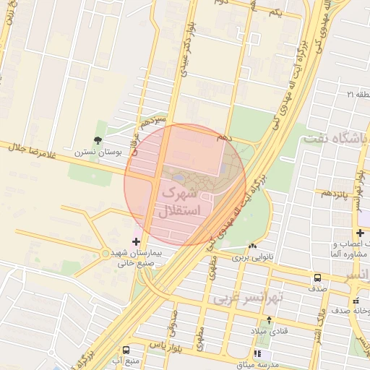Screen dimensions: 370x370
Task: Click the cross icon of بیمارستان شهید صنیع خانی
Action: pos(136,241)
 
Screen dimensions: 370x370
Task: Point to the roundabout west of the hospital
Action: pos(106,254)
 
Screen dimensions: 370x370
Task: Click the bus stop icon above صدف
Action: pos(318,277)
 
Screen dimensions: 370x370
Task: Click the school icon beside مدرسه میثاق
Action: pos(259,353)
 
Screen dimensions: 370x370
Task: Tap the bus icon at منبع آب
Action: pos(126,349)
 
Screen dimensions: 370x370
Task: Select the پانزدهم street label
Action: pos(336,194)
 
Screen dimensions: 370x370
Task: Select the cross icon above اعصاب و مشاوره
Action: pos(361,231)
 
